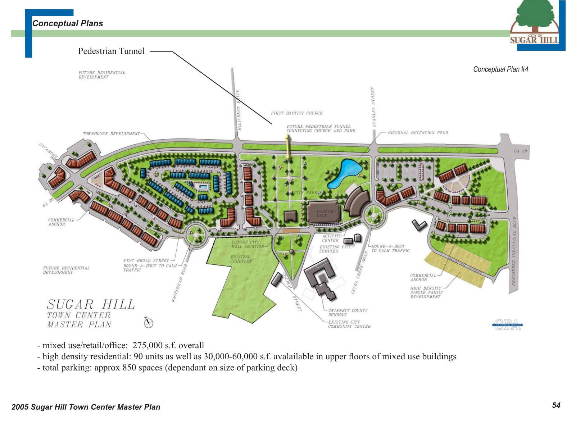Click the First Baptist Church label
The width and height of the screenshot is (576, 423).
[297, 113]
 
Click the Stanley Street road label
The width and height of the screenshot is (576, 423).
[373, 107]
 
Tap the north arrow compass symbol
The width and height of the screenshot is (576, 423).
[149, 323]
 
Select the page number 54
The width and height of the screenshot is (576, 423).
[556, 405]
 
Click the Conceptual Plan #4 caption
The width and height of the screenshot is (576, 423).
[500, 69]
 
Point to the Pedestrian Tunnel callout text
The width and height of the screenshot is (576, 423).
[111, 51]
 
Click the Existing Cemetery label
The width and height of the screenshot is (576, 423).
[241, 259]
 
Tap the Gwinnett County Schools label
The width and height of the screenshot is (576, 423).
[348, 312]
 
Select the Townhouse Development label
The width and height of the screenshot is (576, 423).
[112, 134]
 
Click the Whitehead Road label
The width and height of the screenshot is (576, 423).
[179, 283]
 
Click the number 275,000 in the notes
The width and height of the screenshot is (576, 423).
[148, 346]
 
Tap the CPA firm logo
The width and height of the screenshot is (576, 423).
[507, 324]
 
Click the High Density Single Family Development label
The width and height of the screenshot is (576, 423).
[427, 292]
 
